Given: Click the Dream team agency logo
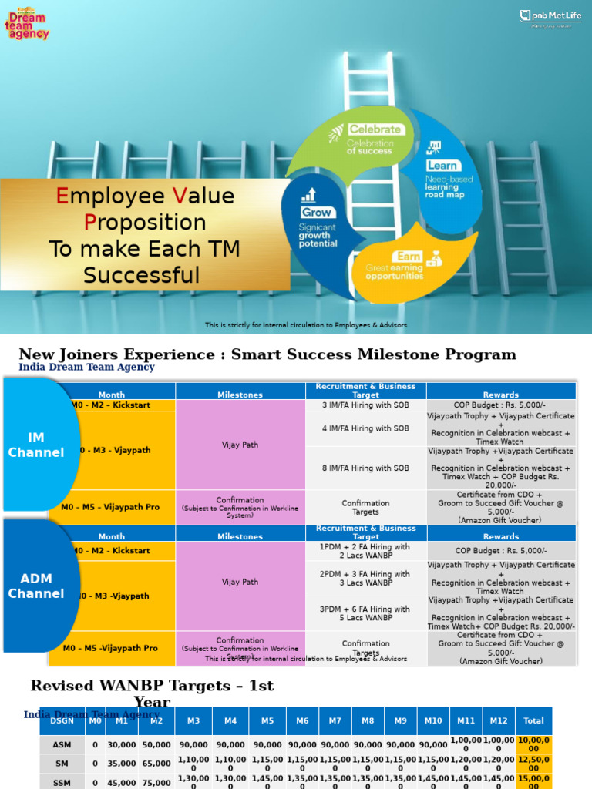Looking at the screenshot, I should click(26, 22).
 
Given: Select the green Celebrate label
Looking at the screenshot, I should click(375, 129).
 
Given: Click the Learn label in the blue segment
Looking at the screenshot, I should click(442, 165).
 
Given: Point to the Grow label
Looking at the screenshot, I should click(317, 212).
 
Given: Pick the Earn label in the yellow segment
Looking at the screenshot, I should click(408, 256).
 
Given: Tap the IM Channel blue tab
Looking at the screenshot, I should click(36, 445).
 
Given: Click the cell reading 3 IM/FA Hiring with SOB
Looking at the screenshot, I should click(365, 405).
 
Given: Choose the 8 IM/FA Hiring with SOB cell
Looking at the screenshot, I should click(365, 468).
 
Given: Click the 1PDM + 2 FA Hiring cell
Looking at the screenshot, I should click(365, 551).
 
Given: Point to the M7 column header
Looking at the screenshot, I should click(335, 720).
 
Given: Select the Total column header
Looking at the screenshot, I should click(533, 720).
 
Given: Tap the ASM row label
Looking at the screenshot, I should click(62, 745).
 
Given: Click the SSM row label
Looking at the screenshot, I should click(62, 783).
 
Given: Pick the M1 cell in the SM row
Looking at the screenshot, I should click(121, 764).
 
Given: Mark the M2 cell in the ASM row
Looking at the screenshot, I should click(156, 745).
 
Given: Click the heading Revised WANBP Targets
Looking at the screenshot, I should click(152, 686).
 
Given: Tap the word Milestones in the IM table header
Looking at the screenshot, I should click(240, 394).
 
